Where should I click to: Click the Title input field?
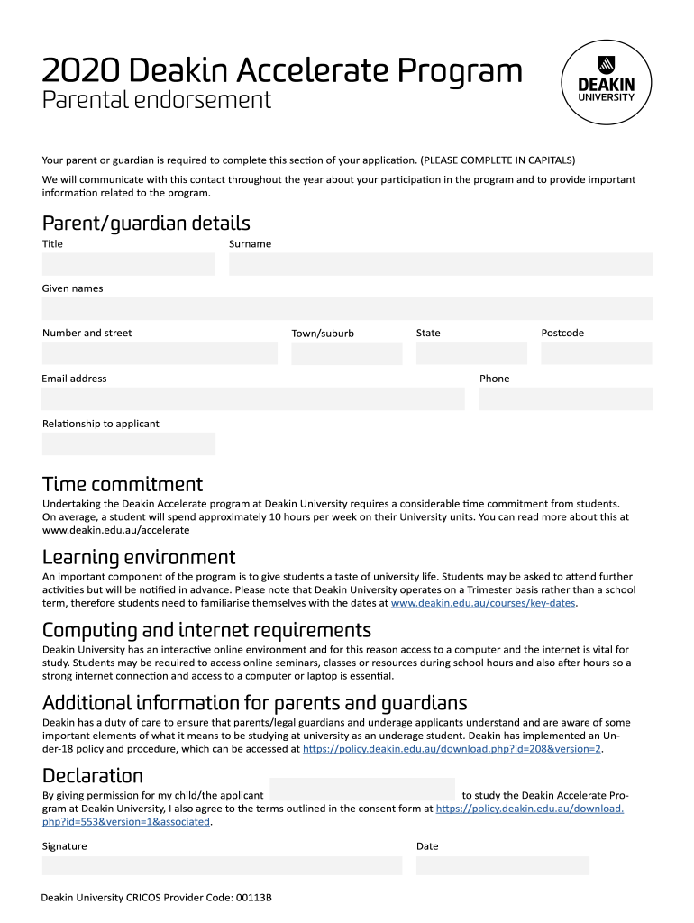[x=129, y=264]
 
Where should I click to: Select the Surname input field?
[x=440, y=264]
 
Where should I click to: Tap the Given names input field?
[x=347, y=308]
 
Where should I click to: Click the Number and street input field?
[x=160, y=353]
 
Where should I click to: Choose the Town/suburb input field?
[x=347, y=353]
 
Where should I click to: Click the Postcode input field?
[x=596, y=353]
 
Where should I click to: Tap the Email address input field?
[x=253, y=398]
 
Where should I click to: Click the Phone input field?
[x=565, y=398]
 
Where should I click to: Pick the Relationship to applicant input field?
[x=129, y=443]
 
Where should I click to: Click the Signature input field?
[x=222, y=865]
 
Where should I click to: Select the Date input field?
[x=502, y=865]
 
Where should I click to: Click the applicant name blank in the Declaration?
[x=362, y=790]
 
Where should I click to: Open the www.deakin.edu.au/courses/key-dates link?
[x=483, y=603]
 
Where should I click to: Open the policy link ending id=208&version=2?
[x=452, y=748]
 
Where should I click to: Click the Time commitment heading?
[x=123, y=484]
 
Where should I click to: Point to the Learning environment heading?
[x=139, y=557]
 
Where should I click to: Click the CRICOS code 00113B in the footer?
[x=253, y=898]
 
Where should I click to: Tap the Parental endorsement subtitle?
[x=157, y=100]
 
